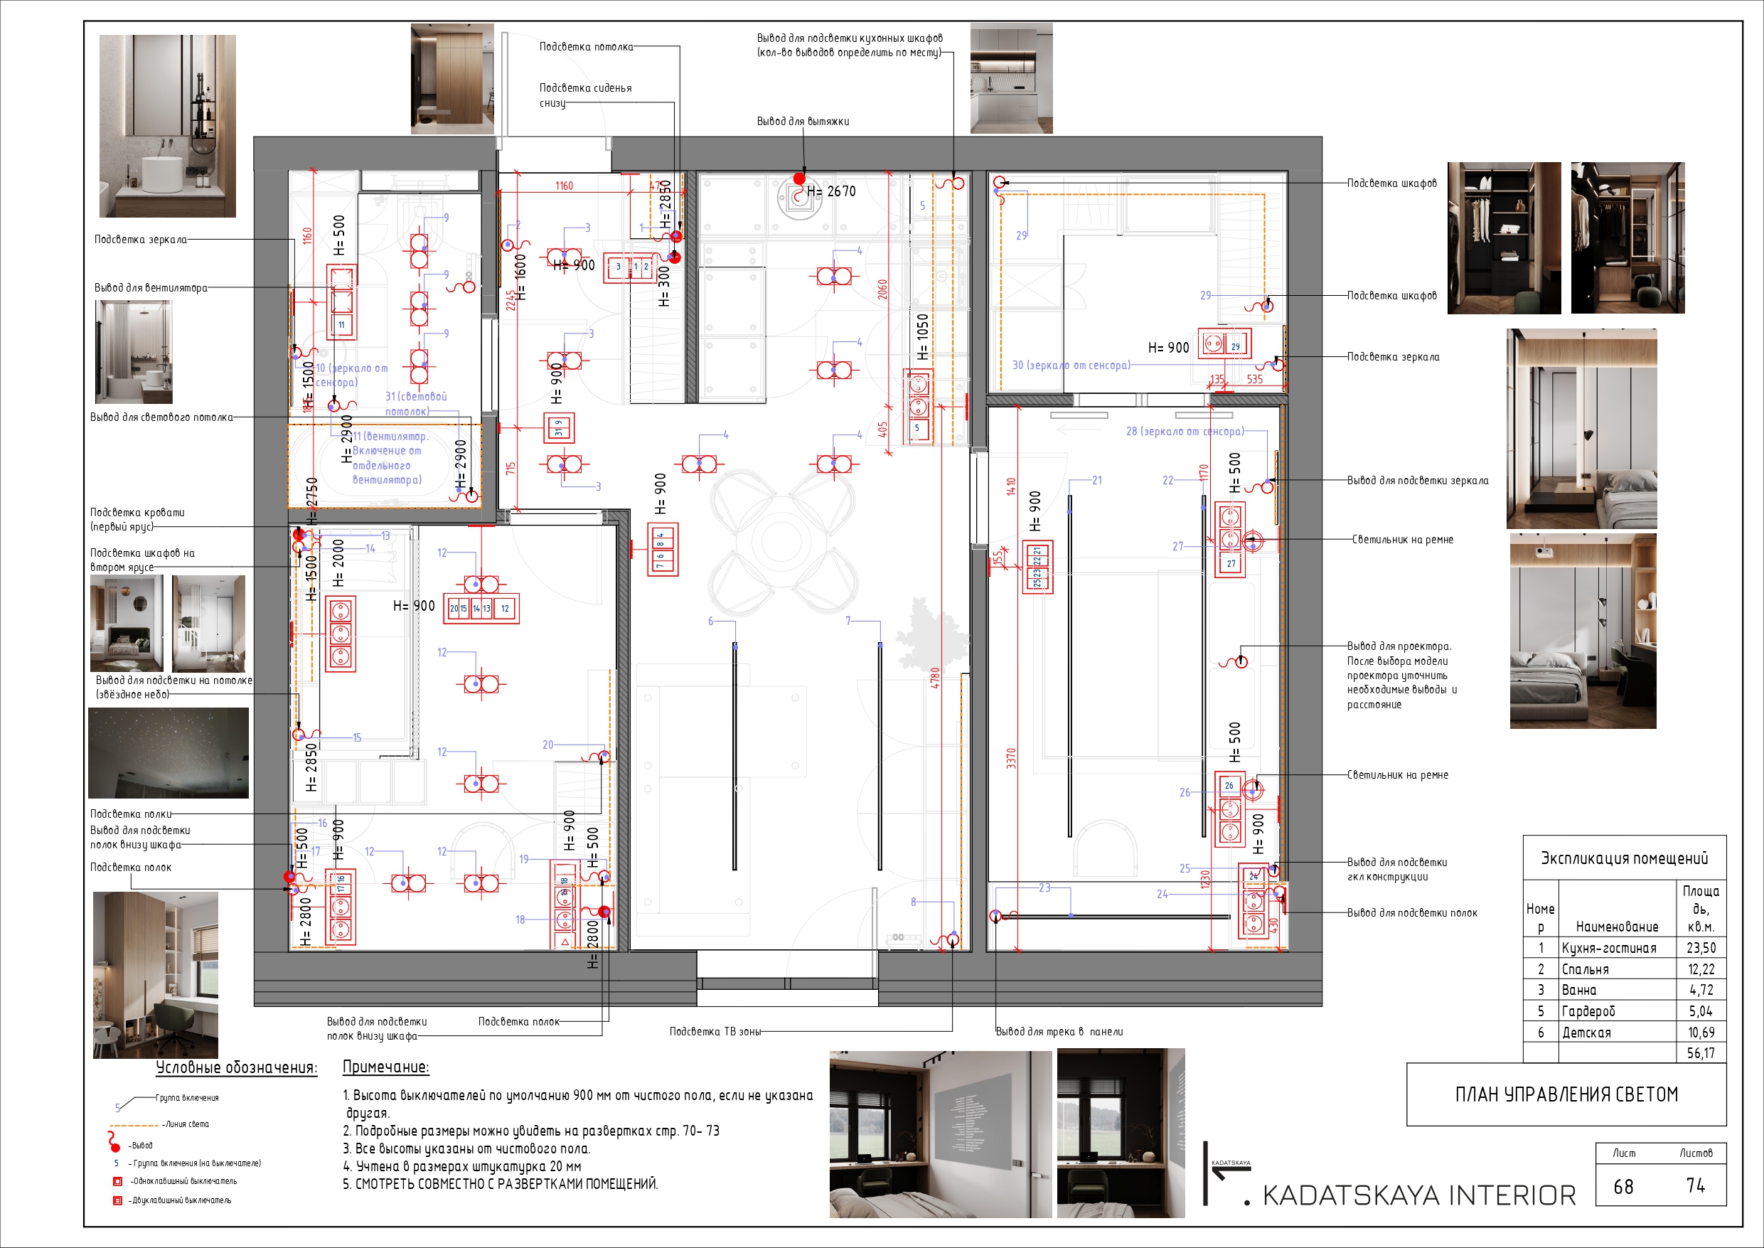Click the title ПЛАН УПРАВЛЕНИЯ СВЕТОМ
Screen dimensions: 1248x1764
[1566, 1094]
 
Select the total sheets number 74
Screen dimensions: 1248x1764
[1696, 1185]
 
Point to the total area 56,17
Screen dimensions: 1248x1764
[1701, 1054]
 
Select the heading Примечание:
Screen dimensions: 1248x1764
[385, 1067]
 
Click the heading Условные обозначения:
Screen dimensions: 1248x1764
[236, 1067]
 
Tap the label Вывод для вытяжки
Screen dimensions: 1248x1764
[803, 122]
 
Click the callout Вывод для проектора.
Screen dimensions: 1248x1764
[1399, 646]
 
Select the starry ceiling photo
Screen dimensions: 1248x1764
[169, 753]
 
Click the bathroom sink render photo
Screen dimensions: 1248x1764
[168, 125]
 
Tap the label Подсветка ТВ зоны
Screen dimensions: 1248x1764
[715, 1031]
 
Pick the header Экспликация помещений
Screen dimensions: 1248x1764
[1624, 858]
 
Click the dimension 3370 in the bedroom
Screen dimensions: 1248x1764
[1011, 758]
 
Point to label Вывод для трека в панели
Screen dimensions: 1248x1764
[1059, 1031]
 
